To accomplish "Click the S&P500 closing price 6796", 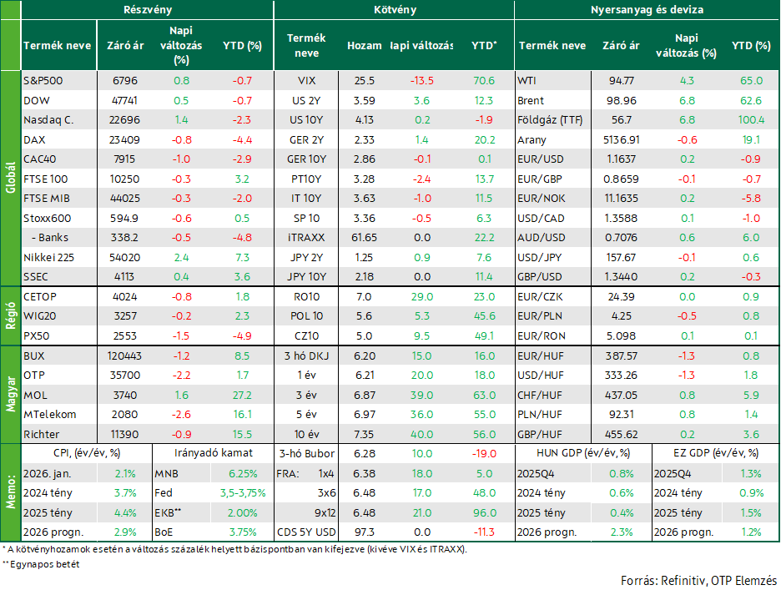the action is tap(125, 81).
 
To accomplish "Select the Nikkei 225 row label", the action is tap(48, 258).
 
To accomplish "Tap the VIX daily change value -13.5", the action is tap(422, 81).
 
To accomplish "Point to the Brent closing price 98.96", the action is tap(621, 101).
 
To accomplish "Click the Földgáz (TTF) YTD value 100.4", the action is tap(751, 120).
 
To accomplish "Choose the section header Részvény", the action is tap(148, 9).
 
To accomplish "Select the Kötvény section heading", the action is tap(395, 9).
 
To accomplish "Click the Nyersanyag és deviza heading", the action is tap(647, 9).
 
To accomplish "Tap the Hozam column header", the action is tap(364, 45).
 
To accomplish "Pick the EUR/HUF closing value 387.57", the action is tap(621, 356).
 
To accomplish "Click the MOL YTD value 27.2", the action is tap(242, 396).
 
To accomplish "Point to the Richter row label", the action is tap(42, 435).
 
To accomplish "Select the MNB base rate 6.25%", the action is tap(243, 474).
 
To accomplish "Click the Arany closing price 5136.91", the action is tap(621, 140).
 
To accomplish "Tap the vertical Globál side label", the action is tap(11, 178).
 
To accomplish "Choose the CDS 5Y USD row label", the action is tap(306, 532).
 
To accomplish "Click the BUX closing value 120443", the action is tap(124, 356).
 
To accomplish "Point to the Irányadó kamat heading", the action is tap(213, 453).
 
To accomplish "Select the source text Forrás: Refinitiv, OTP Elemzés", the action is tap(699, 581).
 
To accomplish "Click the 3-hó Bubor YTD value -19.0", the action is tap(484, 454).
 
